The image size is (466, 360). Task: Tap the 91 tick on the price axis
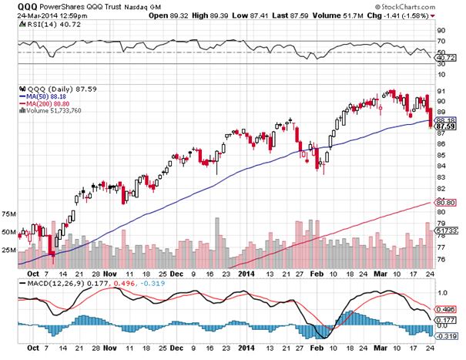pyautogui.click(x=441, y=100)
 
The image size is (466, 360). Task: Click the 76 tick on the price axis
pyautogui.click(x=441, y=259)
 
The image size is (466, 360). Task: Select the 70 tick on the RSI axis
pyautogui.click(x=441, y=40)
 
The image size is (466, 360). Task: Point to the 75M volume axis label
pyautogui.click(x=10, y=214)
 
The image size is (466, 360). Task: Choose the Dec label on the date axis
pyautogui.click(x=176, y=273)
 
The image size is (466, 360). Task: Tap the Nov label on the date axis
pyautogui.click(x=109, y=273)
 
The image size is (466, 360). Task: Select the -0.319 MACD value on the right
pyautogui.click(x=447, y=335)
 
